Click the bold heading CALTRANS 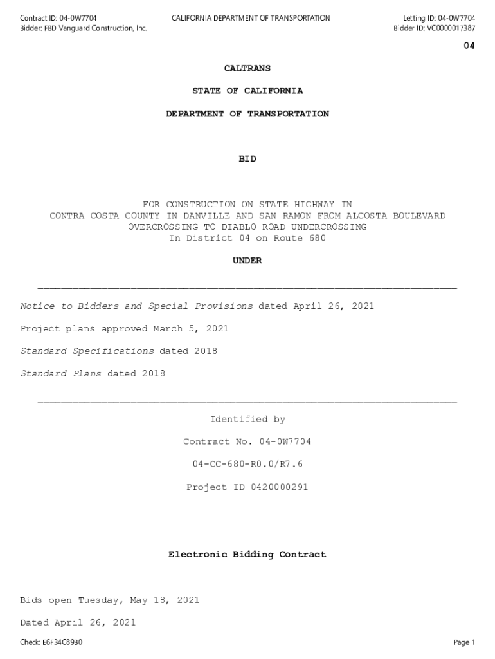(x=248, y=68)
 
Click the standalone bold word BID (x=248, y=158)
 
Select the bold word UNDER (x=248, y=261)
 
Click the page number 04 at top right (x=469, y=46)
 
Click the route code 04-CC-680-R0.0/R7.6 (x=248, y=464)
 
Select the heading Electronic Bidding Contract (x=248, y=554)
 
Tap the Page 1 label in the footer (x=464, y=642)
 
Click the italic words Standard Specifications (x=87, y=351)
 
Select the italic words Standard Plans (x=61, y=374)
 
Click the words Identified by (x=248, y=420)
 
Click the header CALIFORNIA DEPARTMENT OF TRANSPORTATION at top (x=251, y=18)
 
